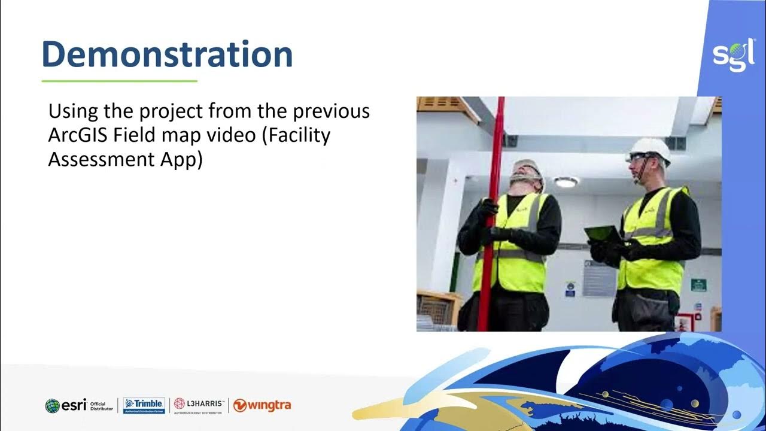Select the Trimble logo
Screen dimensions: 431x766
tap(144, 405)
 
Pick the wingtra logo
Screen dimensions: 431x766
tap(262, 405)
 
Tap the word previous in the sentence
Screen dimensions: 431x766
tap(328, 112)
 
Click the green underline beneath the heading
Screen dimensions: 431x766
tap(119, 81)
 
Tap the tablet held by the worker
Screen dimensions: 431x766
tap(603, 233)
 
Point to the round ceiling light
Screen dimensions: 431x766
tap(565, 182)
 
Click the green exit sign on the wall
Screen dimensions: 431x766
tap(698, 284)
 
